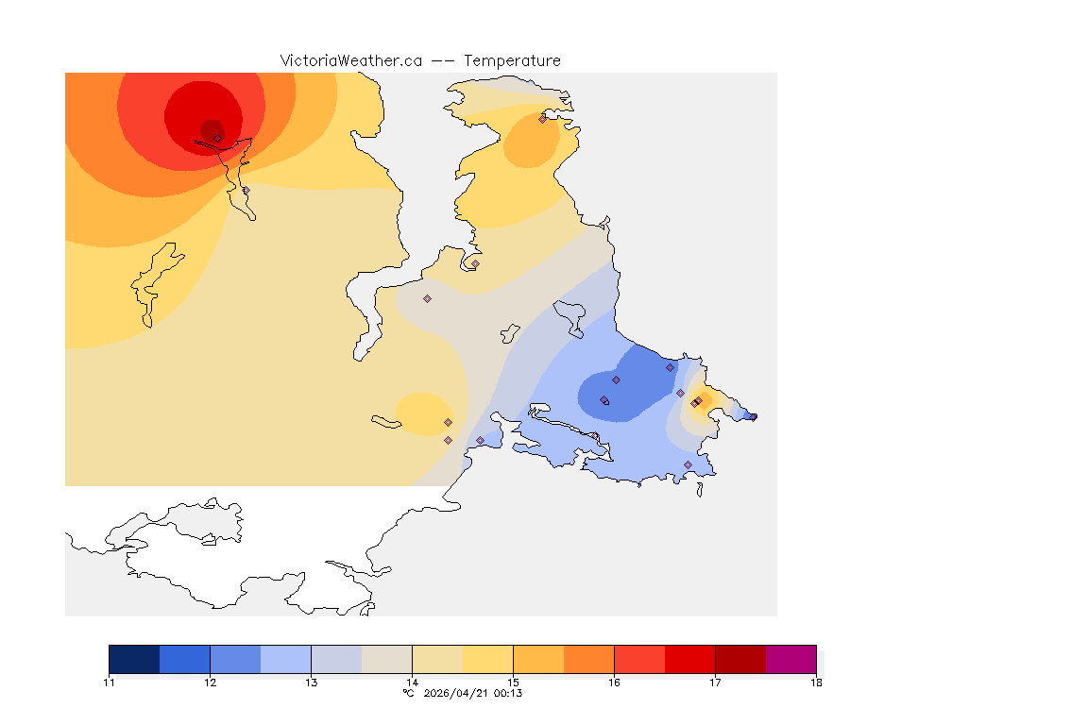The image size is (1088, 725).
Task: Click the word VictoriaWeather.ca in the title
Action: point(350,60)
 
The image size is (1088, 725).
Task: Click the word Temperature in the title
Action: point(512,60)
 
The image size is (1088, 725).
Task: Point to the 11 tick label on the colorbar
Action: point(109,683)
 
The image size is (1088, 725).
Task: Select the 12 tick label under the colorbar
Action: point(210,683)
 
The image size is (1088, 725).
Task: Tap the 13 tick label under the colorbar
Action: point(311,683)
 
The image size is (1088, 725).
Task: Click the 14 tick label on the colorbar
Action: point(412,683)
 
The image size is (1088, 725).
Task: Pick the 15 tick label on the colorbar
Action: point(513,683)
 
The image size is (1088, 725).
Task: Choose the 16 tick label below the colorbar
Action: point(614,683)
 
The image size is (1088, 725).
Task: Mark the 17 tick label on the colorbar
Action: point(715,683)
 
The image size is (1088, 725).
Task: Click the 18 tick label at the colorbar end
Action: point(816,683)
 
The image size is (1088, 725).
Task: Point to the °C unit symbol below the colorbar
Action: point(408,693)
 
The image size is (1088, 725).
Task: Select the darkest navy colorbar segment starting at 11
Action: point(134,659)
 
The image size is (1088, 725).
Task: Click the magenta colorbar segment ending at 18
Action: point(790,659)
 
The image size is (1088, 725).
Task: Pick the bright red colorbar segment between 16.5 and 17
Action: point(689,659)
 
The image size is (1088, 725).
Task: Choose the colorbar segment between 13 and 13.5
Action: point(336,659)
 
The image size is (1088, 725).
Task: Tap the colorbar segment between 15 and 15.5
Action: point(538,659)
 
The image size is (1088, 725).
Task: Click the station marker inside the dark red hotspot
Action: point(217,138)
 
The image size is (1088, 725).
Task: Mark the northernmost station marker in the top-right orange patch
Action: point(542,119)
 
